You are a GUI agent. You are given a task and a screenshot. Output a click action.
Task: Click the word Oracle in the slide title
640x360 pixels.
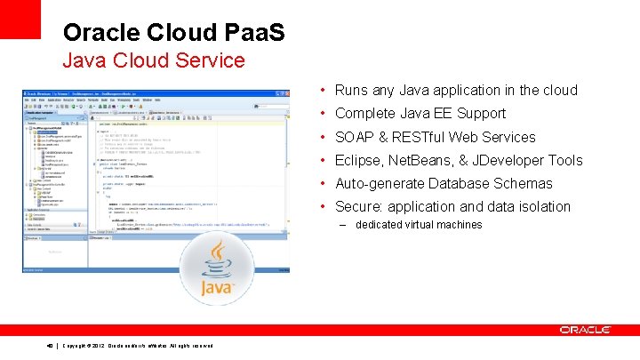pos(100,33)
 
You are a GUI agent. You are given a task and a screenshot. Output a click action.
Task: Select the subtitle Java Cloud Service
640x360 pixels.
pos(153,60)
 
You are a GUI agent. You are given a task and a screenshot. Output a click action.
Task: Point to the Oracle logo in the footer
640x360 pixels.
pos(585,330)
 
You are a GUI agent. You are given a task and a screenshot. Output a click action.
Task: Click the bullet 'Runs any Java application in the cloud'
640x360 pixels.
pos(456,90)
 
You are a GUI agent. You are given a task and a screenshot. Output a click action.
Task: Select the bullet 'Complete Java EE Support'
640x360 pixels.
pos(420,113)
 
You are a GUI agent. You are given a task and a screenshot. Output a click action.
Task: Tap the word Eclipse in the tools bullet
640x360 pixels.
pos(359,160)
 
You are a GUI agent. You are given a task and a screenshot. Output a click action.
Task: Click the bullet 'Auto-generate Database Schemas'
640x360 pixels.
pos(444,183)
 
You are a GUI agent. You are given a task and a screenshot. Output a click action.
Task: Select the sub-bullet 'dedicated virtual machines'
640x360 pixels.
pos(418,225)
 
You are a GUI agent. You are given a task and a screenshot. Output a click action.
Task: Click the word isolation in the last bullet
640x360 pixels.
pos(541,206)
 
